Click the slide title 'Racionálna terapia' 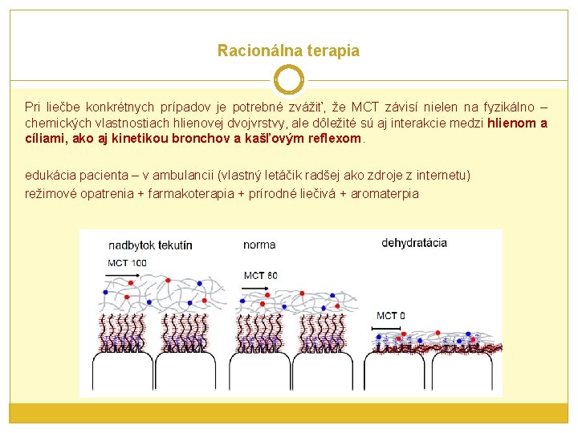(288, 51)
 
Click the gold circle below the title (288, 80)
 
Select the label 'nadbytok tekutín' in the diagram (150, 245)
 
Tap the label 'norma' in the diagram (259, 245)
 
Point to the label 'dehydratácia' (413, 242)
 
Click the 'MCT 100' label (127, 262)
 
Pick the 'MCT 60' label (261, 276)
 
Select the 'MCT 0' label (390, 315)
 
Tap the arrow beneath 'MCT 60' (255, 288)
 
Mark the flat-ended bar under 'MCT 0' (389, 328)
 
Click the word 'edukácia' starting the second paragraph (48, 175)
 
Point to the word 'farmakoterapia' (196, 193)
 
